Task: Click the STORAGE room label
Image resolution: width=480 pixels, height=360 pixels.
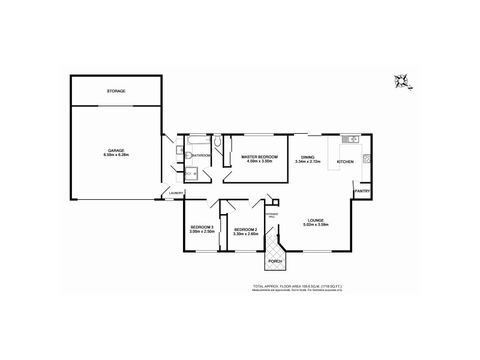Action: tap(116, 91)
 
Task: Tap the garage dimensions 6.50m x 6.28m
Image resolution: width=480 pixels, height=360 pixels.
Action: tap(116, 155)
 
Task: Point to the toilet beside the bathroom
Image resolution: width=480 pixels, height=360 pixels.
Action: tap(218, 142)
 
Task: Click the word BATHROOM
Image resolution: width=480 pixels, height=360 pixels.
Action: tap(202, 156)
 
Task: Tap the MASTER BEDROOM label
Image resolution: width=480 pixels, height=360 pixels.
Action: tap(259, 157)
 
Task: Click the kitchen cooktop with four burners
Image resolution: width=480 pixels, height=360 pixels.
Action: tap(367, 160)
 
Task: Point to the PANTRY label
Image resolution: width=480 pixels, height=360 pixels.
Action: tap(362, 191)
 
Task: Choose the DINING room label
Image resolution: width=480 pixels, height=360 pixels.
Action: tap(308, 157)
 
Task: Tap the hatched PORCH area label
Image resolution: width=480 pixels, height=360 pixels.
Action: tap(275, 261)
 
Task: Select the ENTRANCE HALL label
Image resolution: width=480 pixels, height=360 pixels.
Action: tap(272, 214)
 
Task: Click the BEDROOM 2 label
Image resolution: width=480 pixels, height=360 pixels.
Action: tap(246, 230)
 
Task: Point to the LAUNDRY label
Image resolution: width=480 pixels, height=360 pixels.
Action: tap(176, 193)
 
